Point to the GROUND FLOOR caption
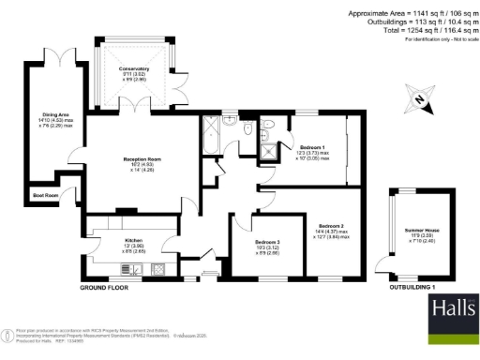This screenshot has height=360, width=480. coord(104,287)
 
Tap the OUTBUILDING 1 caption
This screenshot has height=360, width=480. coord(413,287)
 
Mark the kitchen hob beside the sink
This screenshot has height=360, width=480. coord(157,270)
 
